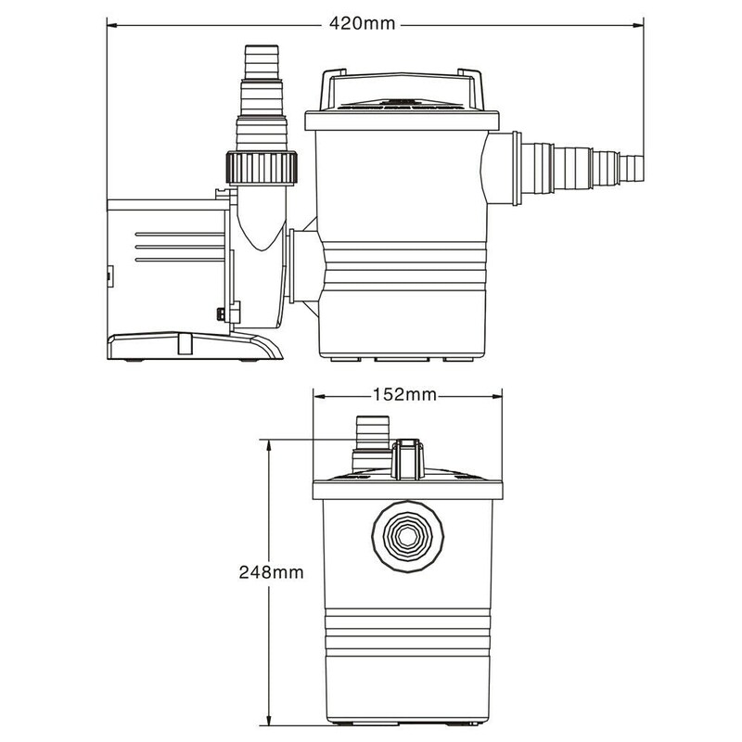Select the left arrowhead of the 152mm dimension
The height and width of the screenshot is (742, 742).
(x=316, y=394)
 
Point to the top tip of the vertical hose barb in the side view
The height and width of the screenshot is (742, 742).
(x=255, y=47)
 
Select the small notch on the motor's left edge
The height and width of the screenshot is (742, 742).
(x=109, y=275)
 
